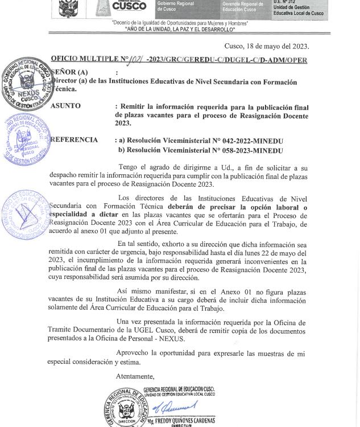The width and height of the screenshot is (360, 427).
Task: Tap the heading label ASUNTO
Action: [65, 106]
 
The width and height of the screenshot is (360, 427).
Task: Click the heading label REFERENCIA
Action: [74, 140]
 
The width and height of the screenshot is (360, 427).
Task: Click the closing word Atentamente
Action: [135, 376]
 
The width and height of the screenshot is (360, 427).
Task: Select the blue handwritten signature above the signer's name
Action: [171, 407]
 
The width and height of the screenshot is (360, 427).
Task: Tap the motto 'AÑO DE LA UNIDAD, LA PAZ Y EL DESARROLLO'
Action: [180, 29]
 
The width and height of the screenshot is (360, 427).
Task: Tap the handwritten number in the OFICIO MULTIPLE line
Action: [136, 59]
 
